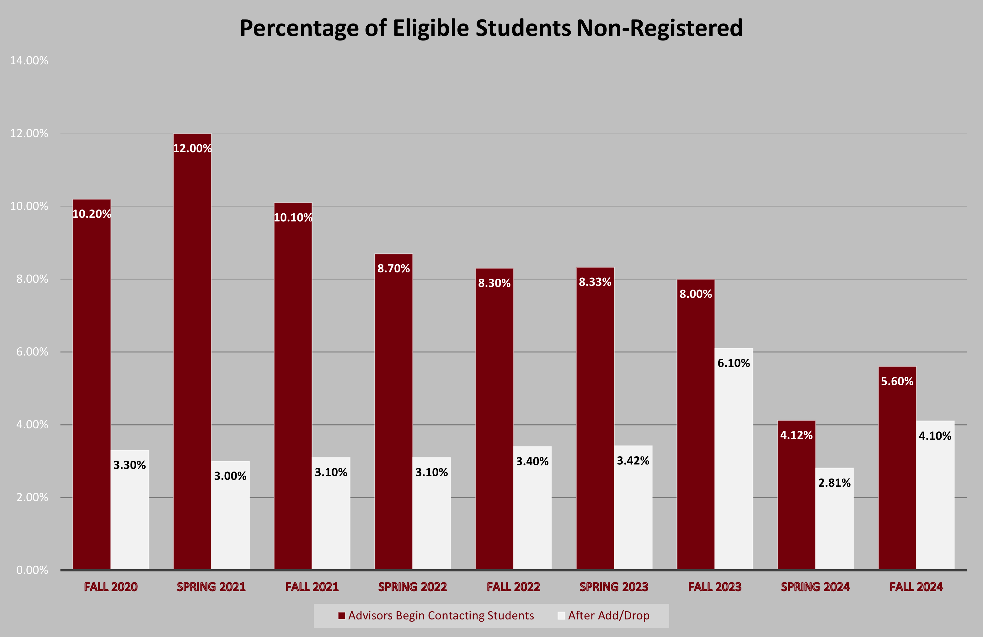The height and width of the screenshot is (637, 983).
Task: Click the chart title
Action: [x=491, y=28]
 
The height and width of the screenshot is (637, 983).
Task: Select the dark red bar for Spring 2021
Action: [x=192, y=351]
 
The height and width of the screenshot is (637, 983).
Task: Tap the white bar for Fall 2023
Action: [x=734, y=458]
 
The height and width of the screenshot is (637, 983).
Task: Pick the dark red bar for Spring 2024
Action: [x=796, y=496]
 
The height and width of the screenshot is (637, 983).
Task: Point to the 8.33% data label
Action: [x=595, y=282]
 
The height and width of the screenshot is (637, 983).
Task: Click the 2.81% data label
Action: [x=834, y=483]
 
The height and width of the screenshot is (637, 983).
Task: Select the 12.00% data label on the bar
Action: [x=192, y=148]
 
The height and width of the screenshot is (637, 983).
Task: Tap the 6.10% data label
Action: [x=734, y=363]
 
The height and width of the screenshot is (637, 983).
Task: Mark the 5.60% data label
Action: [x=897, y=381]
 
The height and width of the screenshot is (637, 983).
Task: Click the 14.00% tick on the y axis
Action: [x=29, y=61]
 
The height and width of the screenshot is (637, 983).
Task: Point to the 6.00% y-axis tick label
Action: [x=32, y=352]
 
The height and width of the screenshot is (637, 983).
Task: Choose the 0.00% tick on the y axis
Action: [x=32, y=570]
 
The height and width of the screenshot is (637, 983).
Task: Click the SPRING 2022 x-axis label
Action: [x=412, y=587]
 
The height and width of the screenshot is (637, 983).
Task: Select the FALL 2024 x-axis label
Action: [x=916, y=587]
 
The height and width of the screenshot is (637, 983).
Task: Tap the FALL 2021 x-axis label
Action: [x=312, y=587]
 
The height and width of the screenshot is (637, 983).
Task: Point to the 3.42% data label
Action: [x=633, y=461]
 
